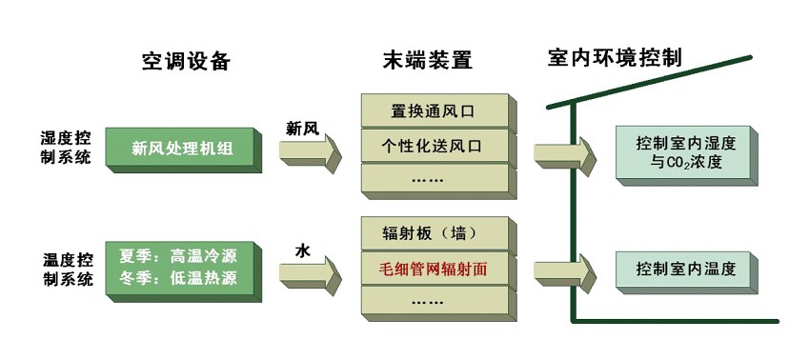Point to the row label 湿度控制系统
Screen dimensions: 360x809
click(x=67, y=149)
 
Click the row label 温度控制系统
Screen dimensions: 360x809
click(x=67, y=269)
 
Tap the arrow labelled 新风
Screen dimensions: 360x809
click(x=313, y=152)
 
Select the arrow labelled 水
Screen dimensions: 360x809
click(x=313, y=273)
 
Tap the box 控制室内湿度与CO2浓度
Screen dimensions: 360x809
click(x=686, y=152)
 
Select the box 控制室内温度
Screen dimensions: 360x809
click(x=686, y=270)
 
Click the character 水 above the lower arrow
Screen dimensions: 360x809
click(x=302, y=250)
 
